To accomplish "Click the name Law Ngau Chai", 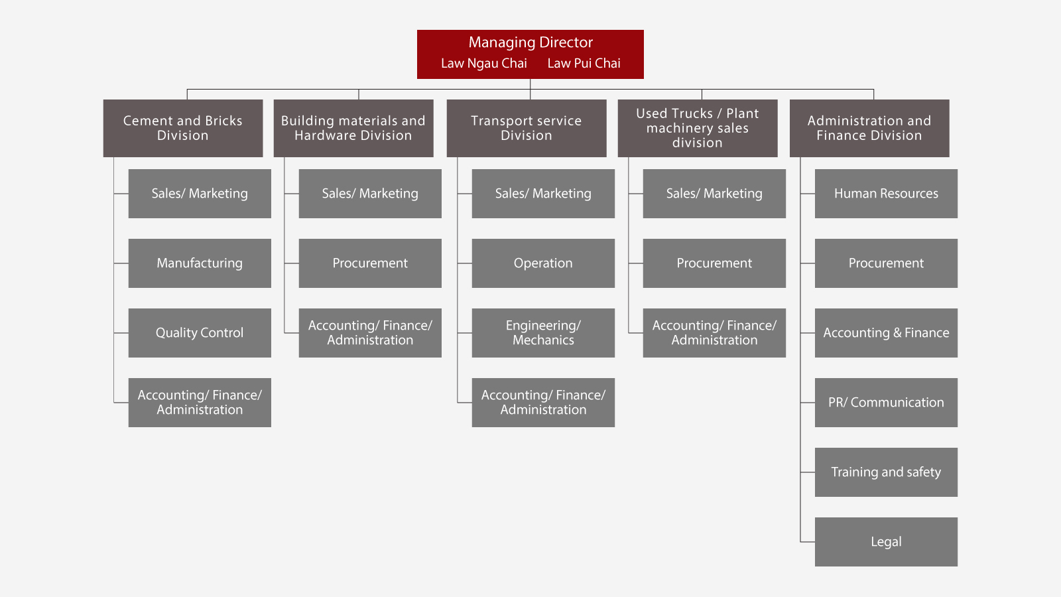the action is (483, 64).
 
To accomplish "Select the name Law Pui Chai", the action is (584, 64).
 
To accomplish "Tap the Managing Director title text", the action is (530, 42).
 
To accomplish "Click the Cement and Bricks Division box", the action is (183, 128).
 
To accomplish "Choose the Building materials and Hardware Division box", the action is (353, 128).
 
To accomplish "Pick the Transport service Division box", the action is (527, 128).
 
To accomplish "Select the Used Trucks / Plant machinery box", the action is (698, 128).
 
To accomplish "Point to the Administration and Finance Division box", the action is (869, 128).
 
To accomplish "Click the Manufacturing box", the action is (200, 263).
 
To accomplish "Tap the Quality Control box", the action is (200, 332).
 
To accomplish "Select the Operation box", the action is (543, 263).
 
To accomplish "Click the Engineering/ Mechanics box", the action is (543, 332).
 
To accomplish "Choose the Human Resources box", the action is (886, 193).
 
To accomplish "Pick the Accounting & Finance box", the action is (886, 332).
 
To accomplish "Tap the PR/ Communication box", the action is (886, 402).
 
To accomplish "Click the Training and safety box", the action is (886, 472).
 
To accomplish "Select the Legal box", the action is (886, 541).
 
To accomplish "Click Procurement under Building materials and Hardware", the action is (370, 263).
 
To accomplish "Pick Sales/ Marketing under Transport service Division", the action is (543, 193).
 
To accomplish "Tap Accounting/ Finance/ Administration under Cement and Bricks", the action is (200, 402).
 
